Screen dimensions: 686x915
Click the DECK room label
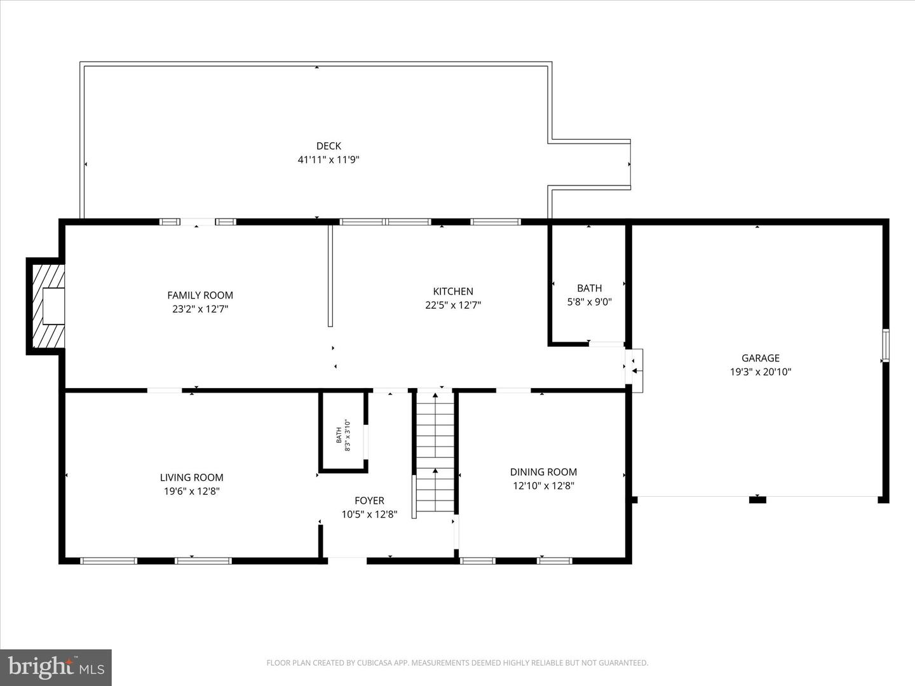click(329, 146)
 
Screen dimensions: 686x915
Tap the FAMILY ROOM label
click(200, 295)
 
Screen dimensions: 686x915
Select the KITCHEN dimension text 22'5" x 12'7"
click(453, 305)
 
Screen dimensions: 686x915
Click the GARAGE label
click(760, 358)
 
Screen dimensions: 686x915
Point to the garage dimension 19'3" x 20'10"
click(760, 372)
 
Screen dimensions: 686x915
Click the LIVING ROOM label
click(191, 478)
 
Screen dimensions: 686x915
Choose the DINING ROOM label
click(543, 472)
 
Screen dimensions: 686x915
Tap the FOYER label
click(369, 501)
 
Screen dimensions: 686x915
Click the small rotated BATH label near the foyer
click(342, 434)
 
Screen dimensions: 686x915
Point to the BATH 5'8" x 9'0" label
click(589, 295)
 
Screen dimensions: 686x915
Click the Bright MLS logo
click(56, 667)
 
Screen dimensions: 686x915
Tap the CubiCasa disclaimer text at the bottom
click(457, 663)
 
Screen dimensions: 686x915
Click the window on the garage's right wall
click(885, 346)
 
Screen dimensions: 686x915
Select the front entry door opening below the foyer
click(347, 560)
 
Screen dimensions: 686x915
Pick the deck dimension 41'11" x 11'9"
click(329, 160)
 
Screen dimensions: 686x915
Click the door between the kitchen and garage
click(635, 367)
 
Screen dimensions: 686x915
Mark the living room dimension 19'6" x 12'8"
click(191, 492)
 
